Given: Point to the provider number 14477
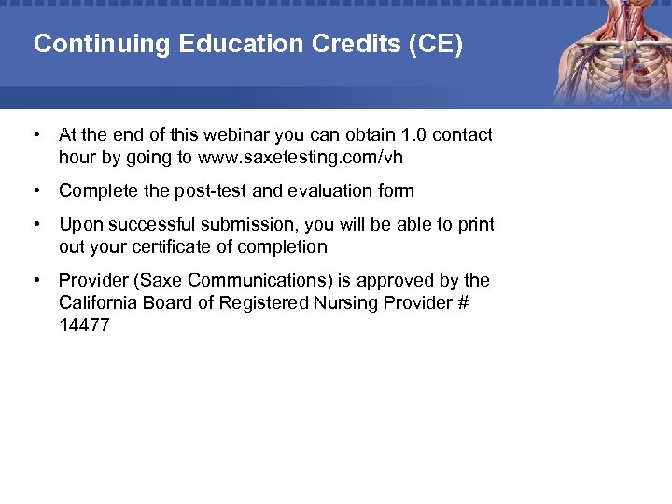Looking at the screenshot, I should coord(84,326).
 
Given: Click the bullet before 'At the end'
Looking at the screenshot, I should coord(35,135).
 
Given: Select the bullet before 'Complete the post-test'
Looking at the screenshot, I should coord(35,191).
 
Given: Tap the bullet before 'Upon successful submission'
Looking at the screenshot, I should coord(35,225).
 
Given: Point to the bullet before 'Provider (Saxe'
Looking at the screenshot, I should coord(35,281).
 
